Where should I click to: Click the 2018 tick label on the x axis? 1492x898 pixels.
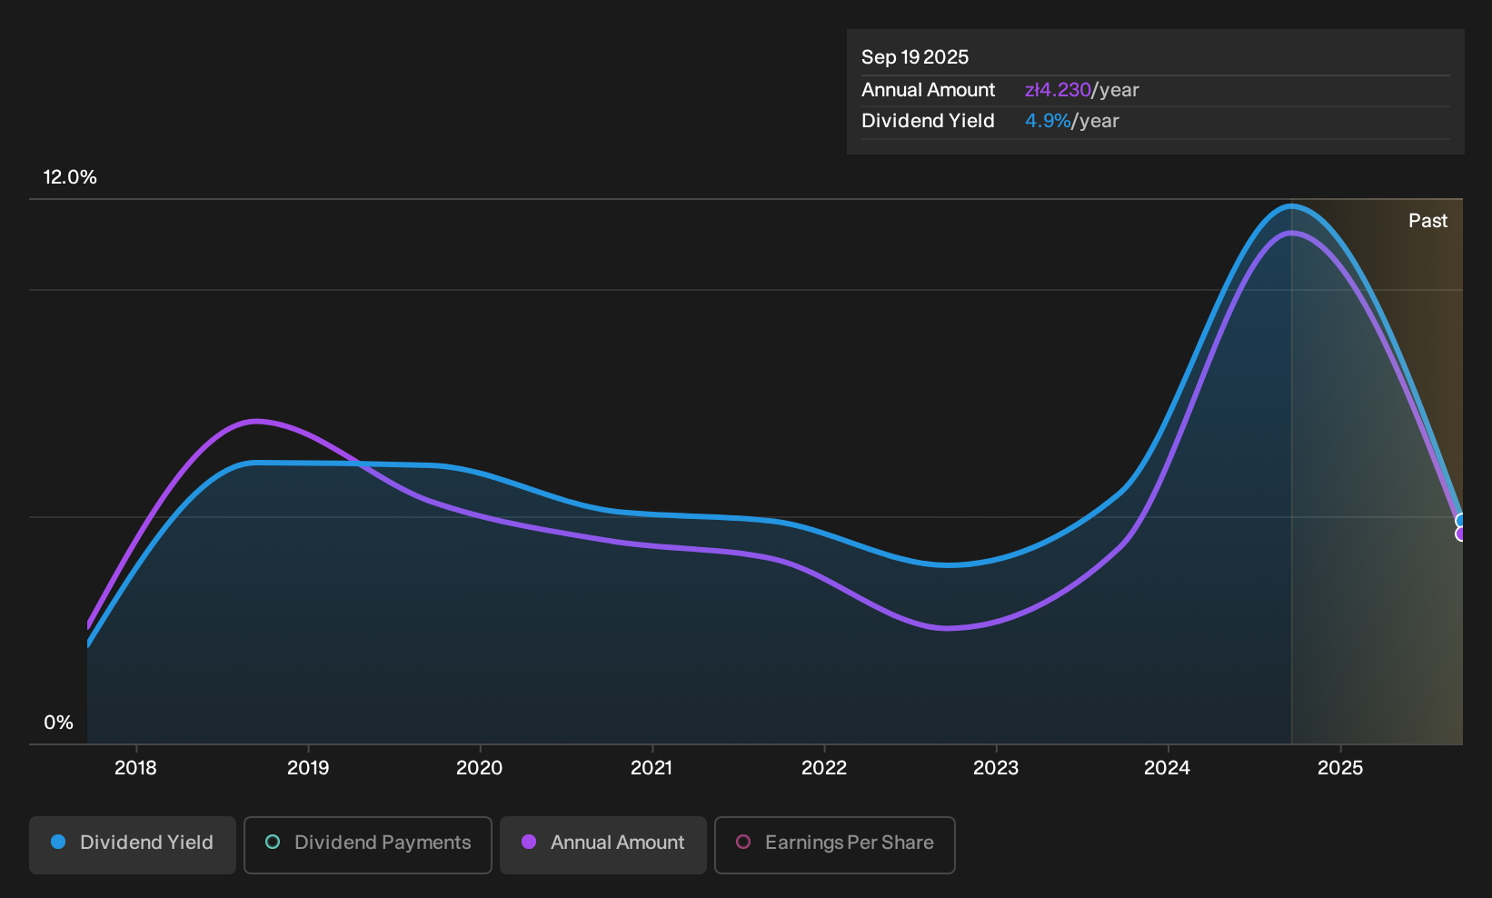click(x=136, y=768)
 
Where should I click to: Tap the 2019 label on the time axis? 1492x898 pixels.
click(x=308, y=768)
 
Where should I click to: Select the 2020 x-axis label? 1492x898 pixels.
click(x=480, y=768)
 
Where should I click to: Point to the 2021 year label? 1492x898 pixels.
click(x=652, y=768)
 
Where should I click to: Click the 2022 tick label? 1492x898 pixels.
click(x=824, y=768)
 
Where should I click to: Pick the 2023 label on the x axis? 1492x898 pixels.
click(x=996, y=768)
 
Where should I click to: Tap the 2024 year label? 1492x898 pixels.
click(x=1168, y=768)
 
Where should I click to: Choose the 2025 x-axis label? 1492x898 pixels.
click(x=1340, y=768)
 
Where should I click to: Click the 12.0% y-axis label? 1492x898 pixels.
click(x=70, y=177)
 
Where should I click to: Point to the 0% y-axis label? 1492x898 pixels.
click(x=59, y=723)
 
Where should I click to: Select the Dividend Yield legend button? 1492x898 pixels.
click(x=133, y=844)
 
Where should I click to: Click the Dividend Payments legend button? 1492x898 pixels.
click(x=368, y=844)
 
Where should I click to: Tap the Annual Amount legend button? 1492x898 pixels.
click(x=602, y=844)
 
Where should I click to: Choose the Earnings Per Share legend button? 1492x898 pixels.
click(x=834, y=844)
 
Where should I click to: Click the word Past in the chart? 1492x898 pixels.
click(x=1428, y=221)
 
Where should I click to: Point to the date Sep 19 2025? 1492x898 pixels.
click(x=915, y=57)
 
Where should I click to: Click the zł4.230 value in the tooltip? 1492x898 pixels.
click(x=1058, y=90)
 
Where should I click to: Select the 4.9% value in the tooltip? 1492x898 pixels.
click(x=1048, y=121)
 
